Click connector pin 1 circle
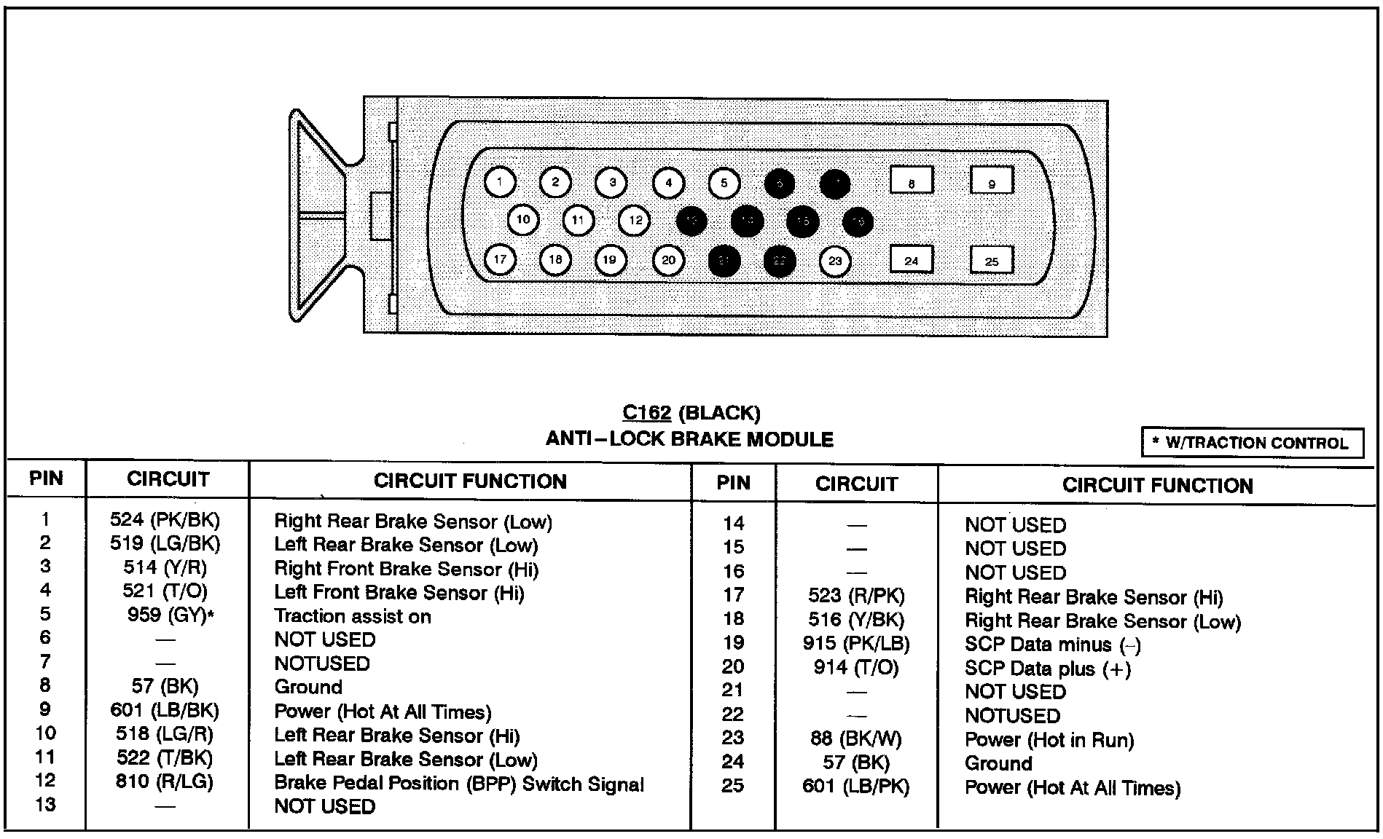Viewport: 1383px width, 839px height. (x=500, y=182)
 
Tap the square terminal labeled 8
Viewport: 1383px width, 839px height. (x=912, y=180)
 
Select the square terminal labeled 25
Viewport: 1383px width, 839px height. (x=992, y=260)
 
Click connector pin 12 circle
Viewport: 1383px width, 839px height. (x=635, y=220)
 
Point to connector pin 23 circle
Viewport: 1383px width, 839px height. (x=835, y=261)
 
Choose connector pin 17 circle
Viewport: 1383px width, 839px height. (x=500, y=260)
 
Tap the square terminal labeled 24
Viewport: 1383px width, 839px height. (x=912, y=260)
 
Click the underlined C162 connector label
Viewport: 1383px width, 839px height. (x=646, y=413)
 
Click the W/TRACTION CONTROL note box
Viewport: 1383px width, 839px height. (x=1252, y=443)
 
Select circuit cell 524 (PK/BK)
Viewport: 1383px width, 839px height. (x=165, y=520)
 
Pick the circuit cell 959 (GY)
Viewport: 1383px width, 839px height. (x=170, y=615)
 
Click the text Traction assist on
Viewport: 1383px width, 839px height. (x=352, y=616)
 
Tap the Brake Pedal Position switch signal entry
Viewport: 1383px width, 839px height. (x=459, y=784)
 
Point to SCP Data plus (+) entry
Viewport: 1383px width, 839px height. (x=1047, y=669)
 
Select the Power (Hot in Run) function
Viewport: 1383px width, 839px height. (x=1049, y=740)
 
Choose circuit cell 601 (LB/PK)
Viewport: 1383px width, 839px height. (x=856, y=787)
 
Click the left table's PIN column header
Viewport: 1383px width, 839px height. (x=46, y=478)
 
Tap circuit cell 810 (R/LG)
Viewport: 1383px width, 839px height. (x=165, y=782)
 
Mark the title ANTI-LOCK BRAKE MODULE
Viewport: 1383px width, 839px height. (x=689, y=439)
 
